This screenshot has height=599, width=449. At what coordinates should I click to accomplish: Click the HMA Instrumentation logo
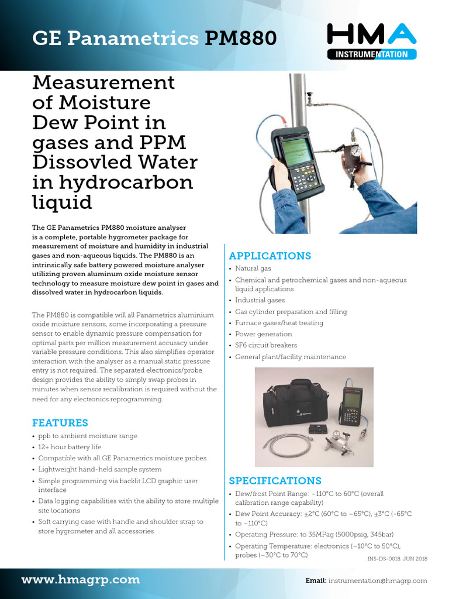click(371, 42)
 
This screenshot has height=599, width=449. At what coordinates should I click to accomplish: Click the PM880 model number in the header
click(240, 39)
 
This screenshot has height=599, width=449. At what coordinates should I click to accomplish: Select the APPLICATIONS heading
click(270, 256)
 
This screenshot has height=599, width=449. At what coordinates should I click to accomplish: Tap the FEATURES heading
click(60, 423)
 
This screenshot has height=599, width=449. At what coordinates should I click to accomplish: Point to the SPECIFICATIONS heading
click(275, 481)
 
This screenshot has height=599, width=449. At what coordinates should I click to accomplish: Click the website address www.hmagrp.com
click(81, 580)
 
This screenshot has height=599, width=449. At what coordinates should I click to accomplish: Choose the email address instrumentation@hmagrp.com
click(377, 581)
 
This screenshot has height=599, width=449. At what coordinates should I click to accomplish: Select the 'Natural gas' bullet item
click(253, 268)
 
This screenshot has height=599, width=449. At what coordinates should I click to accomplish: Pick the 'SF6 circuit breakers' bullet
click(266, 345)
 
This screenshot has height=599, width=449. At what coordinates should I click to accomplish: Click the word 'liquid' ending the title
click(61, 202)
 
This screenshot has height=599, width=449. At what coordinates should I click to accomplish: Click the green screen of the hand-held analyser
click(295, 150)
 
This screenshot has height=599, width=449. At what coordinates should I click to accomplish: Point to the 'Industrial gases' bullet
click(261, 300)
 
